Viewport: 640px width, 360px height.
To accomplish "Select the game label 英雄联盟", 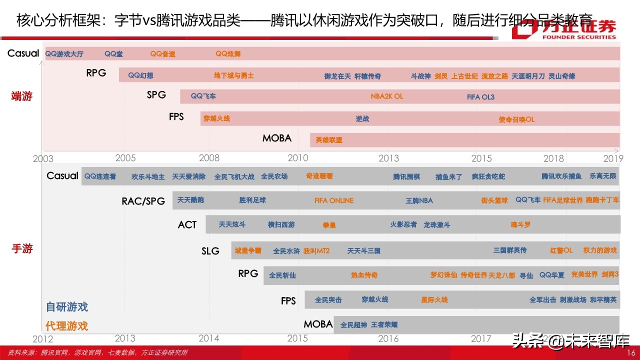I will point(329,140).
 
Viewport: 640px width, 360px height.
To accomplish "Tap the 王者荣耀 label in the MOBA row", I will point(384,325).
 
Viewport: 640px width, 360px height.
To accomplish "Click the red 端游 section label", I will point(21,96).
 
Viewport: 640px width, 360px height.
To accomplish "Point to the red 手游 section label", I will point(21,248).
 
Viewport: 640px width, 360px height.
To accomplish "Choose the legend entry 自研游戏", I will point(66,306).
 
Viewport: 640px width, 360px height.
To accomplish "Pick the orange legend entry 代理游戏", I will point(66,326).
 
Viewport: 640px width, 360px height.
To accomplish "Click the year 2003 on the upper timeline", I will point(43,159).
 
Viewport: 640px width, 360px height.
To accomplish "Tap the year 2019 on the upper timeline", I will point(613,158).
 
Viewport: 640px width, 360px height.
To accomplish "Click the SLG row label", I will point(210,251).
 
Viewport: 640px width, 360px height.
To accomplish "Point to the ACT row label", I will point(187,225).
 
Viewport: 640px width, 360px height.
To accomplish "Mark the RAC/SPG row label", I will point(143,201).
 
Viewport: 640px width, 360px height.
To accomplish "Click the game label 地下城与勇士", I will point(234,76).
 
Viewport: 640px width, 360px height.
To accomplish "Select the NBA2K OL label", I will point(386,96).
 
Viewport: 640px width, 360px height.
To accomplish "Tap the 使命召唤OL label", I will point(516,119).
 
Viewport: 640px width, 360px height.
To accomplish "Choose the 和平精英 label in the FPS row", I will point(603,300).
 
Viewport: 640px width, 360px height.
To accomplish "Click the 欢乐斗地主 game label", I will point(148,176).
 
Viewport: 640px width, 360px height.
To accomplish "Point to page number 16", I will point(631,353).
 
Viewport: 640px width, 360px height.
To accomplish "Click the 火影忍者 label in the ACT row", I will point(403,224).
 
